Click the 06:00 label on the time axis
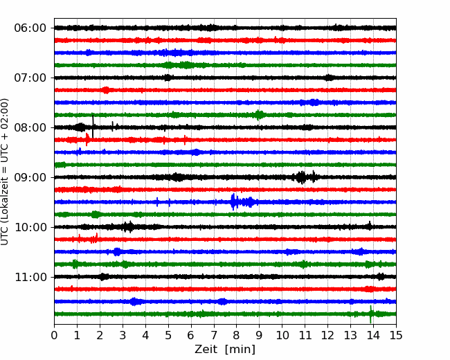pos(30,28)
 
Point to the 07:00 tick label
pos(30,78)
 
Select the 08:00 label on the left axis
pos(30,127)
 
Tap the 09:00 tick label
pos(30,177)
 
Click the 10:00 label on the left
pos(30,227)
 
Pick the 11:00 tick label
pos(30,277)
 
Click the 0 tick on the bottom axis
pos(54,335)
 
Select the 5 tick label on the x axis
pos(168,335)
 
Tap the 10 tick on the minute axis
pos(282,335)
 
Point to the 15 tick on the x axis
pos(396,335)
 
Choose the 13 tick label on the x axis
pos(350,335)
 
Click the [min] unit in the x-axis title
pos(240,350)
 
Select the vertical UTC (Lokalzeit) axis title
pos(5,172)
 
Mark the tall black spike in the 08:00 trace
pos(93,126)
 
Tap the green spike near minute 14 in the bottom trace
pos(370,314)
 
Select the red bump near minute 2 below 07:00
pos(106,90)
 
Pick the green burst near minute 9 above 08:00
pos(259,115)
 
